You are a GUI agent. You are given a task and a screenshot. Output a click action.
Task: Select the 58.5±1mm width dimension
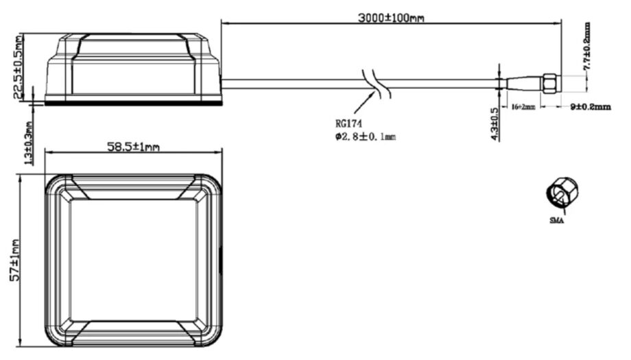pos(133,146)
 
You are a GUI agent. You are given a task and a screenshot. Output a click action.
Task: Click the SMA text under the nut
pos(556,221)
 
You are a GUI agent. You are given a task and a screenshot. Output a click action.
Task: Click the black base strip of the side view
pos(133,103)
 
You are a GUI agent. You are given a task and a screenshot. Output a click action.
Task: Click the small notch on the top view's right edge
pos(221,261)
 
